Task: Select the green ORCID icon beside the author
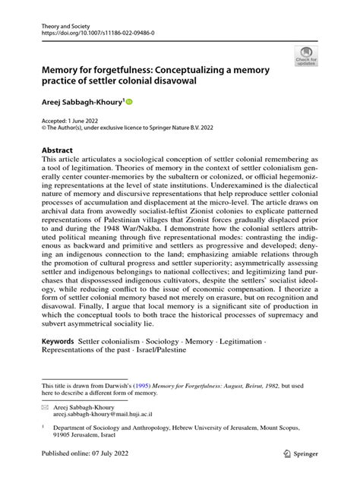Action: (128, 100)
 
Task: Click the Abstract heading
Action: (58, 150)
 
